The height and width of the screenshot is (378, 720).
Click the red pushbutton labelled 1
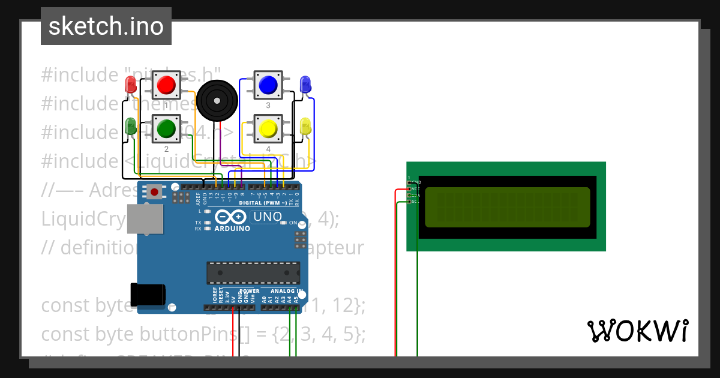tap(166, 85)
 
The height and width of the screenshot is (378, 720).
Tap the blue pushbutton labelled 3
tap(268, 85)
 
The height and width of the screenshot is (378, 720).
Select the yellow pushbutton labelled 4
tap(268, 128)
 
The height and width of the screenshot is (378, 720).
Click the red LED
tap(130, 84)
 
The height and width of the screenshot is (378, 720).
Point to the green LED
tap(130, 127)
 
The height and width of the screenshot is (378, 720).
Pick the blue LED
tap(305, 85)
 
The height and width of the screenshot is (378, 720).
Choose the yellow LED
tap(305, 127)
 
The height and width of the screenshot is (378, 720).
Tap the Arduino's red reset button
tap(155, 192)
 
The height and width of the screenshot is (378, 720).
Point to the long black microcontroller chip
tap(253, 272)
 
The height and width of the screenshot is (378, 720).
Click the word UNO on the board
tap(266, 217)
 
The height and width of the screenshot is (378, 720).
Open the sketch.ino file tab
tap(106, 26)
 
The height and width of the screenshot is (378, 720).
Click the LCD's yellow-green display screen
tap(507, 208)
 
